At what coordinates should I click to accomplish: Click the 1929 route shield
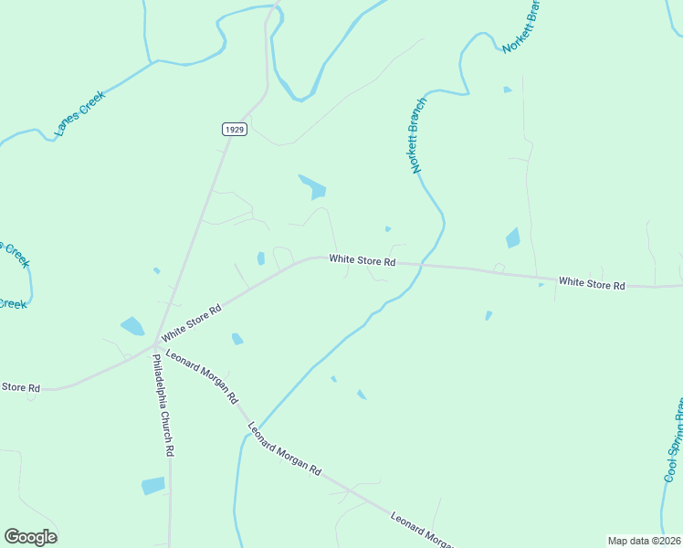click(x=235, y=130)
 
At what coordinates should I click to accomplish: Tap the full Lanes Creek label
click(x=80, y=113)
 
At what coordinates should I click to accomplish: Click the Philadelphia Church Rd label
click(x=163, y=403)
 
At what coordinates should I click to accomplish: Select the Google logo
click(x=30, y=537)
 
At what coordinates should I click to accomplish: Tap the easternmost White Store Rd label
click(x=592, y=284)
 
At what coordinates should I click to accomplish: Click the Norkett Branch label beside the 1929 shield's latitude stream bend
click(x=416, y=135)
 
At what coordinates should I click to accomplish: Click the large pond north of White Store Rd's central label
click(x=312, y=186)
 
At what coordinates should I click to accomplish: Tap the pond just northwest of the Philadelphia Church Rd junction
click(x=132, y=325)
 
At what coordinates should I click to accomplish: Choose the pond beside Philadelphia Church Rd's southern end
click(x=153, y=485)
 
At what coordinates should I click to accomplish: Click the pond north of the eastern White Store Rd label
click(x=513, y=238)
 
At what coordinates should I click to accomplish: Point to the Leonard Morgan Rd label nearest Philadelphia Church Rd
click(x=203, y=378)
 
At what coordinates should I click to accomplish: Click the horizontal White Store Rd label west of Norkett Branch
click(x=363, y=260)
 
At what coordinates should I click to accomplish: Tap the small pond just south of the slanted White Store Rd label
click(x=237, y=339)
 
